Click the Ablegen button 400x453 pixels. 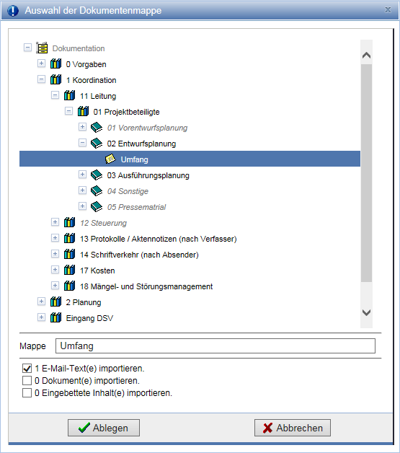click(104, 428)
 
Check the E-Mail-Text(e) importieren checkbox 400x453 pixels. click(27, 369)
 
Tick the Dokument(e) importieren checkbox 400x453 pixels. click(27, 380)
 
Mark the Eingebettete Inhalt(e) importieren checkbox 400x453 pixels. click(27, 393)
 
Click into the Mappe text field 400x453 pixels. click(215, 346)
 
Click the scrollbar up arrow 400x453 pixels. click(366, 55)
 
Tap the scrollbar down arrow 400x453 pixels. click(366, 312)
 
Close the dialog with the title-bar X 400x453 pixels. click(388, 10)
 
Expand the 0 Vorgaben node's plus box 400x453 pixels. click(41, 63)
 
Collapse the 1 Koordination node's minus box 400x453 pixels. click(41, 79)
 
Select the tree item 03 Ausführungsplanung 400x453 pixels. click(148, 175)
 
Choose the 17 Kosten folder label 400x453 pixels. click(97, 271)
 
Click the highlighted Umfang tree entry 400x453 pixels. click(135, 159)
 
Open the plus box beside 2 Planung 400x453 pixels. click(41, 302)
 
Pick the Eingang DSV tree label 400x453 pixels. click(89, 318)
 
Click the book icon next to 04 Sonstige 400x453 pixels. click(97, 191)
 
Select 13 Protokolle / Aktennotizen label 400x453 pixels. click(159, 239)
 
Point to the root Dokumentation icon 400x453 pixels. click(42, 48)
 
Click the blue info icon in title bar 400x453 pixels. click(13, 10)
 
